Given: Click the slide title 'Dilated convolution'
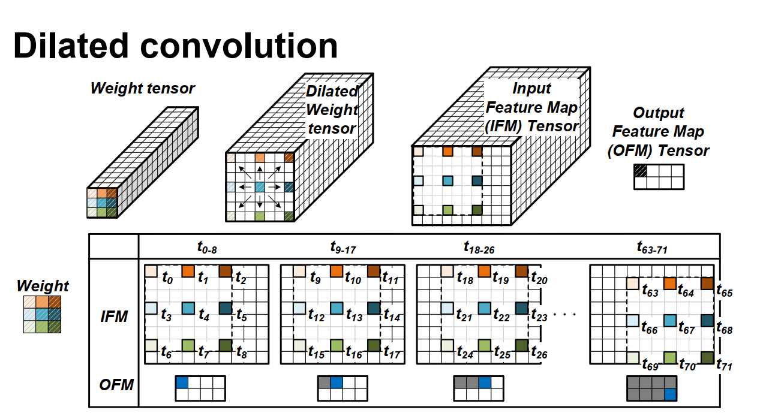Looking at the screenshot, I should (x=176, y=46).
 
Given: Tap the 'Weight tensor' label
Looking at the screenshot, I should (x=143, y=89).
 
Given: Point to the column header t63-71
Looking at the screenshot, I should (x=653, y=246).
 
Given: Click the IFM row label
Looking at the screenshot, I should (x=114, y=316).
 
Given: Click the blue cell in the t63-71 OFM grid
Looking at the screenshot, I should (x=669, y=394).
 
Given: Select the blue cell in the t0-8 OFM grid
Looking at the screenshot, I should (x=181, y=382).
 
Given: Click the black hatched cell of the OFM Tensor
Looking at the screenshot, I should (x=641, y=171).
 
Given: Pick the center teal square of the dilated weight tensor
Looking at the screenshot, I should (x=260, y=188).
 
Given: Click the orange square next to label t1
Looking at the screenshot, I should (x=188, y=271).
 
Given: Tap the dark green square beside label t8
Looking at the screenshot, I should (x=226, y=346).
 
